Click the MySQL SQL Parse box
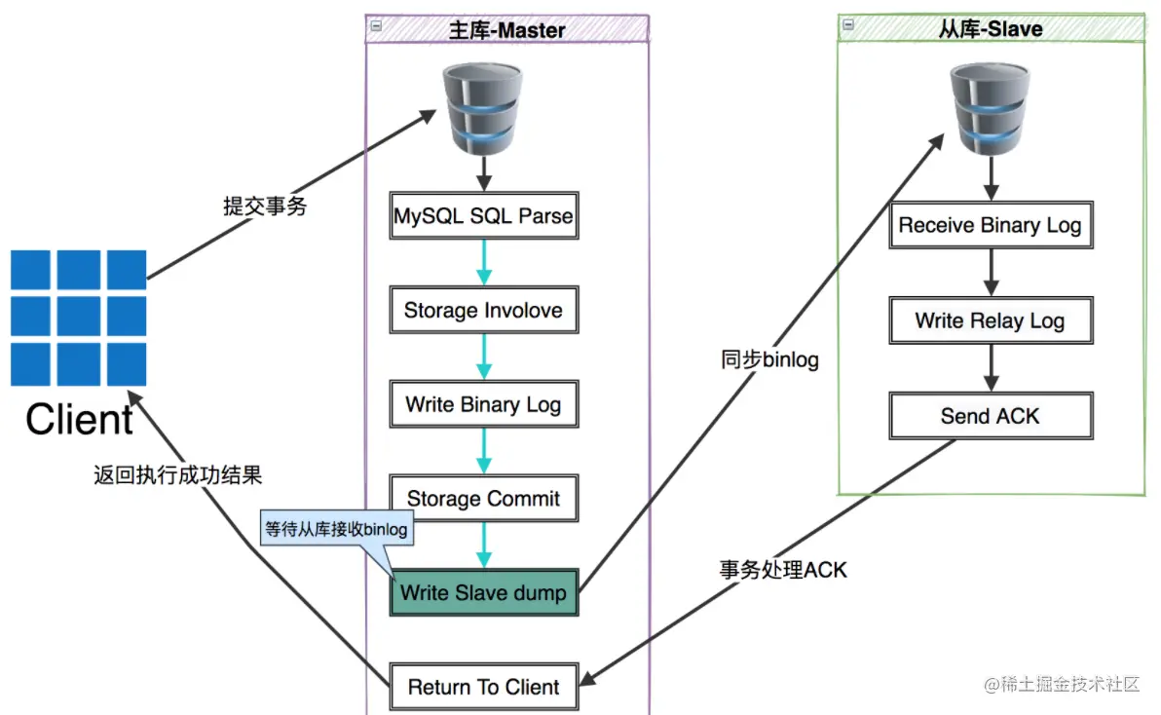tap(484, 215)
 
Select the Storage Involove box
tap(484, 310)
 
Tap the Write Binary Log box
tap(484, 404)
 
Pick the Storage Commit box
tap(484, 498)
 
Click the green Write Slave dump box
tap(484, 592)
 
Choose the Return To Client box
tap(484, 687)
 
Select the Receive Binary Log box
tap(991, 225)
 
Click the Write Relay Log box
tap(991, 320)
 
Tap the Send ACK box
tap(991, 416)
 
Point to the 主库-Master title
tap(507, 30)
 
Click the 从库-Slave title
tap(991, 29)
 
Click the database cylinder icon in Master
tap(483, 109)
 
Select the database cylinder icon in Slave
tap(990, 109)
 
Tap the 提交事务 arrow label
tap(265, 206)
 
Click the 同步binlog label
tap(770, 359)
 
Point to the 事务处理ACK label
tap(783, 570)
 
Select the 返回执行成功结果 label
tap(177, 475)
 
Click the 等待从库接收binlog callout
tap(337, 529)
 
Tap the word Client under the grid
tap(79, 420)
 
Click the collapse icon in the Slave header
tap(848, 24)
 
